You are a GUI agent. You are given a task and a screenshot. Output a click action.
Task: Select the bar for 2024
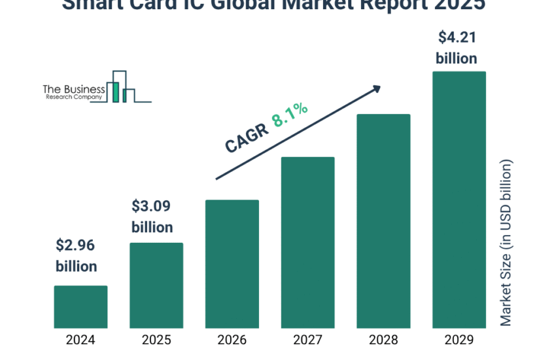[80, 306]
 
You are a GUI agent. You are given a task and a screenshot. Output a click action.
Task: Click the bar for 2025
[156, 285]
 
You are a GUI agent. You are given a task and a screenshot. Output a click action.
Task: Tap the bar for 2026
[232, 263]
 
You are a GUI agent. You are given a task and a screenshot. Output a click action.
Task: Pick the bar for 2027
[307, 242]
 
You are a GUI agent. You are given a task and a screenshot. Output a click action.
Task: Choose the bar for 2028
[383, 221]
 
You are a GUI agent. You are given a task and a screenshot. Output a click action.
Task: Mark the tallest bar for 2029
[459, 200]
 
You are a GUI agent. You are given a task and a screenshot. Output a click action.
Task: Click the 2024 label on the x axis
[80, 340]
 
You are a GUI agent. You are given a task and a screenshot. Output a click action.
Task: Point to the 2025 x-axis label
[156, 340]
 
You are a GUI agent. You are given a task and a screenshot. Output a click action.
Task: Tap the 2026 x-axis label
[232, 340]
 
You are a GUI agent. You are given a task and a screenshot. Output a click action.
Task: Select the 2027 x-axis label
[307, 340]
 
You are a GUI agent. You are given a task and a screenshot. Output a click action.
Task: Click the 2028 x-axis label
[383, 340]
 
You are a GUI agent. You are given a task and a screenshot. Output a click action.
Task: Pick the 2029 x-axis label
[459, 340]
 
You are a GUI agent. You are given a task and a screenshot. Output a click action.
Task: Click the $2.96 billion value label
[76, 256]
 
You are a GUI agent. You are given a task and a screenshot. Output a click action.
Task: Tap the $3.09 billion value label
[152, 217]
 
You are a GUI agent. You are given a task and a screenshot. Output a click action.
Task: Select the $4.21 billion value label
[457, 47]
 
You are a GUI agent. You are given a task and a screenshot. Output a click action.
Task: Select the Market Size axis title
[506, 242]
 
